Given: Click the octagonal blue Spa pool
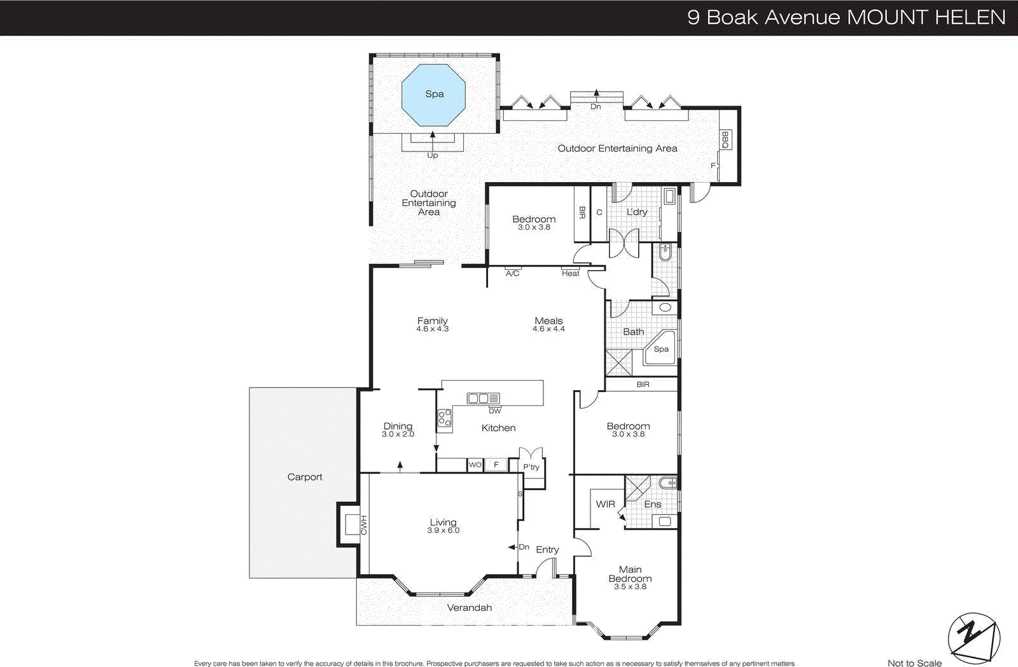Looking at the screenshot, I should [433, 95].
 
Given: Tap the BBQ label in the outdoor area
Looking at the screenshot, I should [725, 139].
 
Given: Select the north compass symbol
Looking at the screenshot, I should [973, 637].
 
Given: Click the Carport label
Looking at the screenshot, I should [305, 477].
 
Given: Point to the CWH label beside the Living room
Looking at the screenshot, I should [364, 525].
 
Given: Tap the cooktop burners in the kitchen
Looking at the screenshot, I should [445, 418].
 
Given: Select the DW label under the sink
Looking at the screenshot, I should [494, 411].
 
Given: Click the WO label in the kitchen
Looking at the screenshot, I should [475, 465].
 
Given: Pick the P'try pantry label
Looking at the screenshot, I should [531, 467].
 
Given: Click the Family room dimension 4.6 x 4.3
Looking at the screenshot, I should [433, 329].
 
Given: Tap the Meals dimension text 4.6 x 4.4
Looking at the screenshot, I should [548, 329].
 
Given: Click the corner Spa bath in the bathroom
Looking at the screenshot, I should [660, 349].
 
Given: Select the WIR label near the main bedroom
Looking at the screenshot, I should [605, 504].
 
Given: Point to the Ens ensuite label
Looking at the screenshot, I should [652, 504].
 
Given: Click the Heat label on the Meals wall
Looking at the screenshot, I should [570, 273].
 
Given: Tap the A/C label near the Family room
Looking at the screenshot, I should [512, 273].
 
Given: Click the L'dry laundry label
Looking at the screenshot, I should [637, 212].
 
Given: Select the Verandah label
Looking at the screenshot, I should [470, 608].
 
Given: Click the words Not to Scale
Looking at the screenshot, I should [914, 663].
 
